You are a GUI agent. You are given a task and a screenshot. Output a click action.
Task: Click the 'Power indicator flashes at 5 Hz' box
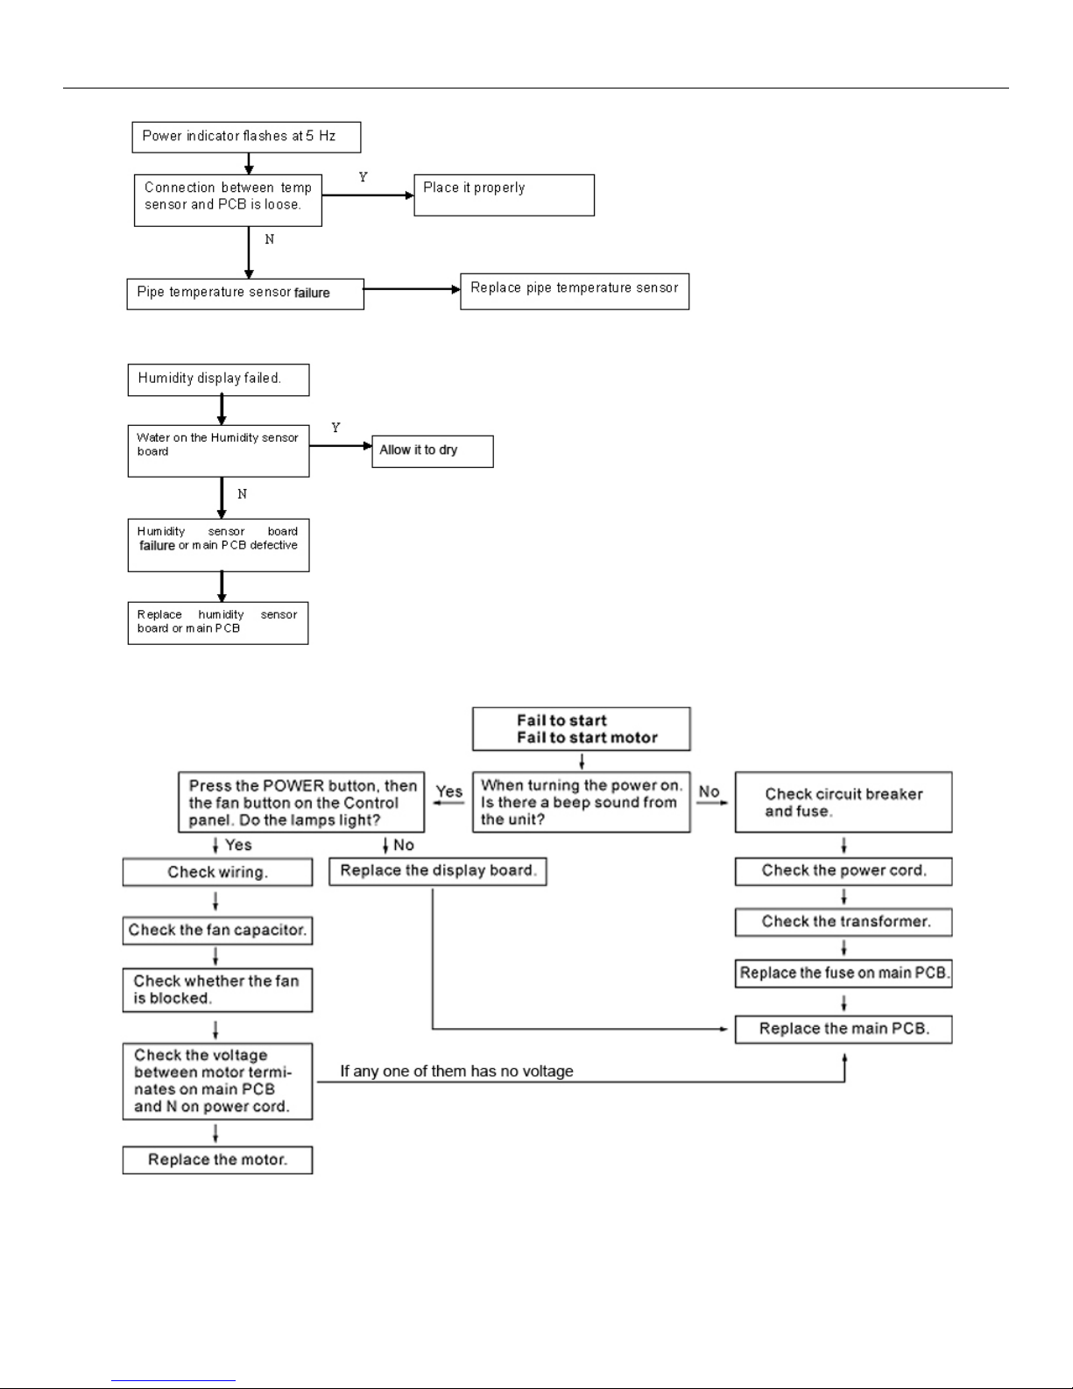pyautogui.click(x=246, y=137)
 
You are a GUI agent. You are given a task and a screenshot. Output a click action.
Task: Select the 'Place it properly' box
pyautogui.click(x=504, y=195)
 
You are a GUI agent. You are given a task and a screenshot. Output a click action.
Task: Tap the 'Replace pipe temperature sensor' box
pyautogui.click(x=575, y=292)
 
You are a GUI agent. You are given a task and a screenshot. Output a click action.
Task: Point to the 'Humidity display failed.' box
pyautogui.click(x=218, y=379)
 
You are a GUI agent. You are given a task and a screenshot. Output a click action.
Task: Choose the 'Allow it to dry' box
pyautogui.click(x=433, y=451)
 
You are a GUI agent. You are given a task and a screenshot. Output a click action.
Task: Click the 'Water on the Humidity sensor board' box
pyautogui.click(x=218, y=450)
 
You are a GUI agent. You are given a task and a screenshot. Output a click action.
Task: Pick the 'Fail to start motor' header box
pyautogui.click(x=582, y=729)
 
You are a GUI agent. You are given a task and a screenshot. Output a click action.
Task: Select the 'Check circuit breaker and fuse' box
pyautogui.click(x=843, y=802)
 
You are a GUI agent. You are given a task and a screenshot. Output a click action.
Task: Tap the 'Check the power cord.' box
pyautogui.click(x=843, y=871)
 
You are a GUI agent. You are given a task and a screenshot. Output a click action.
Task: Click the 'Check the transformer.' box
pyautogui.click(x=843, y=922)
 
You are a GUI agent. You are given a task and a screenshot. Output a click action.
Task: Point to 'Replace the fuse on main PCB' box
pyautogui.click(x=843, y=973)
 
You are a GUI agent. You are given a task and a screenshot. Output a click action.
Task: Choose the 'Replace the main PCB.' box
pyautogui.click(x=843, y=1029)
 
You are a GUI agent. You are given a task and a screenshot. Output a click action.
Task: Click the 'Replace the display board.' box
pyautogui.click(x=437, y=871)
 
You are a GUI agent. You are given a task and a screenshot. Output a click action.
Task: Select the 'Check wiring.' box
pyautogui.click(x=217, y=872)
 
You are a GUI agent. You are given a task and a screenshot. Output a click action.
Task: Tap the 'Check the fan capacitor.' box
pyautogui.click(x=217, y=930)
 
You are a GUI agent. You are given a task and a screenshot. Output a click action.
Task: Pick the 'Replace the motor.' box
pyautogui.click(x=217, y=1160)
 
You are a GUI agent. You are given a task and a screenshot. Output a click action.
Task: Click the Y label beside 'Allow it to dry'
pyautogui.click(x=336, y=427)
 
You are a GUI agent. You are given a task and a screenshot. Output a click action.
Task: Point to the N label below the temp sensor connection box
pyautogui.click(x=270, y=239)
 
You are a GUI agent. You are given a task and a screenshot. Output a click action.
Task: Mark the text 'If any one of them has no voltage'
pyautogui.click(x=456, y=1071)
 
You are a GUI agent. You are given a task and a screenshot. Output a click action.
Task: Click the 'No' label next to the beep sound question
pyautogui.click(x=709, y=791)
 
